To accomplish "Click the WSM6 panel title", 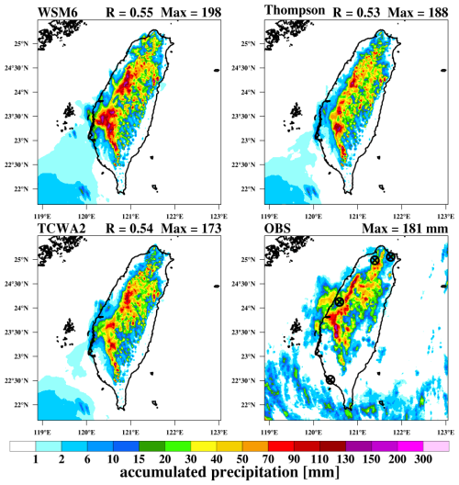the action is (58, 12).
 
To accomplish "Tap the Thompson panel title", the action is (295, 10).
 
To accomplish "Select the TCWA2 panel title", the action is (62, 229).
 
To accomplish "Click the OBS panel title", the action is (277, 229).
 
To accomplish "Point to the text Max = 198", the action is (191, 12).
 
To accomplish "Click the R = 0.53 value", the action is (356, 12).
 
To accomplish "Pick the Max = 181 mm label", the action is (405, 229).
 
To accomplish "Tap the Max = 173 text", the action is (191, 229).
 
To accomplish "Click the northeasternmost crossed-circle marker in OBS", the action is (390, 256).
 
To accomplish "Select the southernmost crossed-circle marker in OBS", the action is (330, 379).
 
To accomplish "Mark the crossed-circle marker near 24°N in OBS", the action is (340, 301).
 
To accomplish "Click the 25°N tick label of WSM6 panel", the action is (21, 43).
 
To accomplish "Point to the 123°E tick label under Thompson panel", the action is (446, 216).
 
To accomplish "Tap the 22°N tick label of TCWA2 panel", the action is (21, 404).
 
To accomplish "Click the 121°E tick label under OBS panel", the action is (358, 432).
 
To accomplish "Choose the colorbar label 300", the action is (423, 459).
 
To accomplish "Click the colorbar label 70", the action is (268, 459).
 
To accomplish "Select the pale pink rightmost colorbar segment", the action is (436, 446).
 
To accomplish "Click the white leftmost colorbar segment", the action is (23, 446).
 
